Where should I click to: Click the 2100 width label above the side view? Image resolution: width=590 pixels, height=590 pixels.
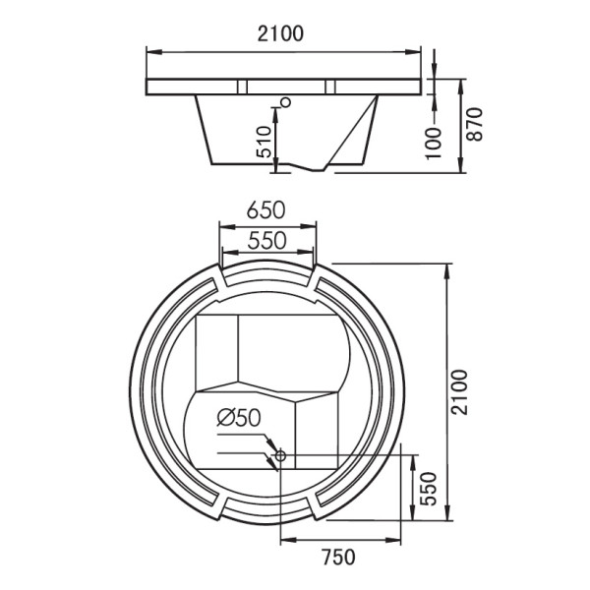[280, 33]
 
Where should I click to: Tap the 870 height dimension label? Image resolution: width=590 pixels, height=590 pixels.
[475, 125]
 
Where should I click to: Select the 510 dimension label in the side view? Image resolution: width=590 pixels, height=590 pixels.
[264, 142]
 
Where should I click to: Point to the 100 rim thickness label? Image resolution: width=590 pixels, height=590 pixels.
[434, 144]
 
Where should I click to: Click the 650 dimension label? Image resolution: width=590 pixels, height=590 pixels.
[266, 210]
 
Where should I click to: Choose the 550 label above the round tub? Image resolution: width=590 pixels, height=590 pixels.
[267, 241]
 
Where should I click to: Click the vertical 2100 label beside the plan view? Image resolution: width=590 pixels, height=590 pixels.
[459, 392]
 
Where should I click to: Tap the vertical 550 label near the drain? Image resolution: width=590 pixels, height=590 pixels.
[429, 489]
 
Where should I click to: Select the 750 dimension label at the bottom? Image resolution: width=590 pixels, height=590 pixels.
[338, 558]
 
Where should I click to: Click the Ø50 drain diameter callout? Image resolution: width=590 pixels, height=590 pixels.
[239, 418]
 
